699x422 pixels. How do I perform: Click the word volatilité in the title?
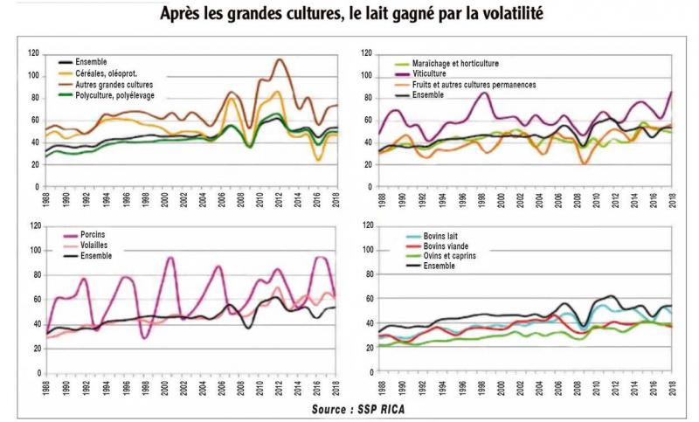[x=500, y=14]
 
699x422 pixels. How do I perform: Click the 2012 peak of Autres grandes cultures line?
[x=279, y=59]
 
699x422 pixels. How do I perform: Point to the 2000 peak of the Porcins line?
[x=170, y=259]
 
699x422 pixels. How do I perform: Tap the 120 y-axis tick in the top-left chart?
[x=33, y=53]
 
